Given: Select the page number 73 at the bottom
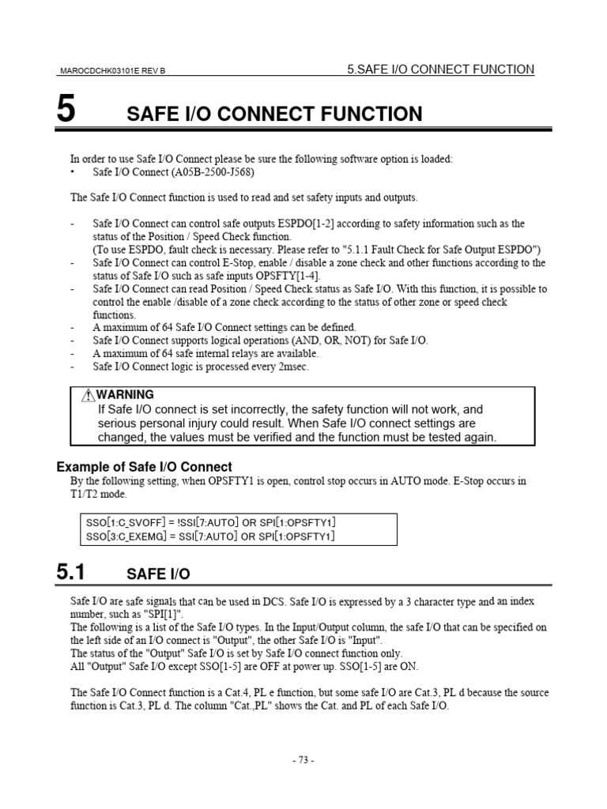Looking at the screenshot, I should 303,760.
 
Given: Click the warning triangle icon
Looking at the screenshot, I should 88,395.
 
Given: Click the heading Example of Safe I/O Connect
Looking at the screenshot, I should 144,467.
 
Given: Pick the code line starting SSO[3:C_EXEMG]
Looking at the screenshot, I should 210,536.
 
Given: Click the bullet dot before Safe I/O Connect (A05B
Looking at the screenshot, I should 73,172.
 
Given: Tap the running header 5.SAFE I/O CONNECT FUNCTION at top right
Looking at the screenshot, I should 441,70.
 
